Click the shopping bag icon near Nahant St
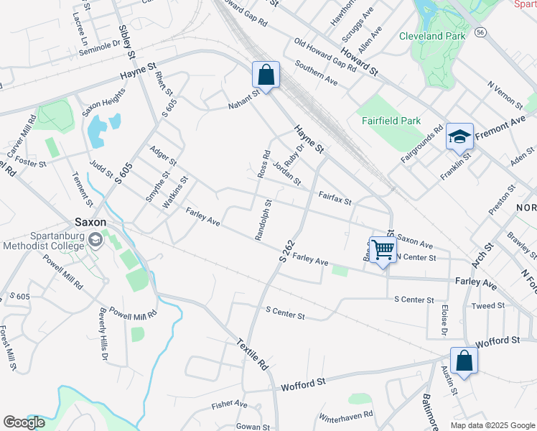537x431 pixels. point(266,75)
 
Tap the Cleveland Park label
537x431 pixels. point(432,36)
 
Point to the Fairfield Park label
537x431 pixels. point(389,121)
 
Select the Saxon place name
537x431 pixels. point(91,222)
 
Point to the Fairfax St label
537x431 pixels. point(335,198)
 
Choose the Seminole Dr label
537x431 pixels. point(99,44)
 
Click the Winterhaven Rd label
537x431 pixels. point(346,415)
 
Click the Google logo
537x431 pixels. point(24,422)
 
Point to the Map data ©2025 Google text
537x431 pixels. point(492,425)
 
